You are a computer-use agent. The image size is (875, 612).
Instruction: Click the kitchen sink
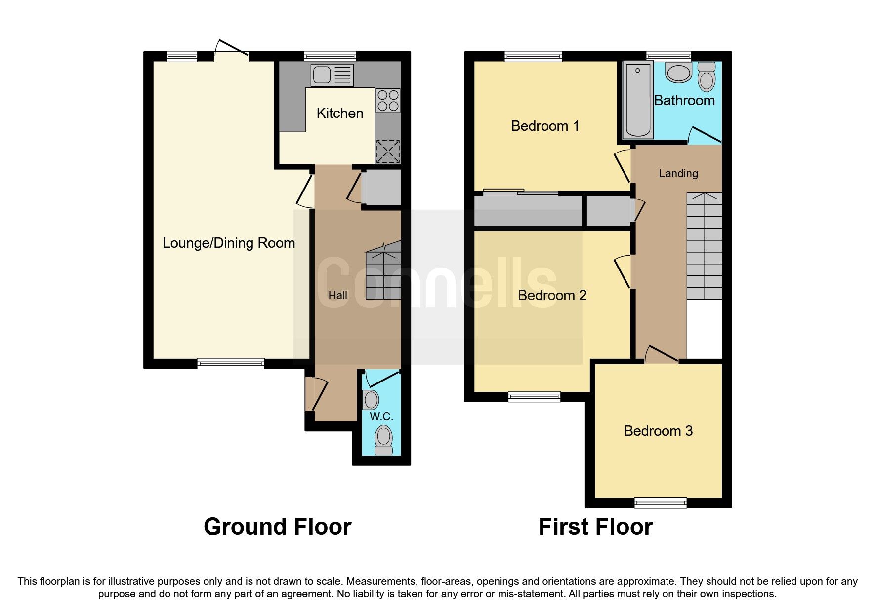pyautogui.click(x=332, y=76)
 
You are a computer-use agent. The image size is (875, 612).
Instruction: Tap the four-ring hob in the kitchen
pyautogui.click(x=388, y=100)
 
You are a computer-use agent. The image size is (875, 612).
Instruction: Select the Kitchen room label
pyautogui.click(x=340, y=113)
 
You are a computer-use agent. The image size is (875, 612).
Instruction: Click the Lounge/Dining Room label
pyautogui.click(x=229, y=243)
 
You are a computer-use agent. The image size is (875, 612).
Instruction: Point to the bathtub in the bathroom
pyautogui.click(x=638, y=100)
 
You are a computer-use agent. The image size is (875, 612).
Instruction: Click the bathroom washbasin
pyautogui.click(x=679, y=73)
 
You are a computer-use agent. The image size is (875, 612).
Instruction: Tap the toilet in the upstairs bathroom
pyautogui.click(x=707, y=77)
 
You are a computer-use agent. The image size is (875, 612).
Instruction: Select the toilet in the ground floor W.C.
pyautogui.click(x=384, y=440)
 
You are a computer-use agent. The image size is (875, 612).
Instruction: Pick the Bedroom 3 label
pyautogui.click(x=658, y=431)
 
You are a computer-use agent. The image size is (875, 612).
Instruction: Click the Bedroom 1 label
pyautogui.click(x=545, y=126)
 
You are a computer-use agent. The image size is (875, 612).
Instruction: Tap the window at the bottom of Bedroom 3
pyautogui.click(x=661, y=503)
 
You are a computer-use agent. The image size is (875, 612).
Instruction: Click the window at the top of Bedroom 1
pyautogui.click(x=533, y=57)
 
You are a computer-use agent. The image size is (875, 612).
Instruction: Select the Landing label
pyautogui.click(x=678, y=173)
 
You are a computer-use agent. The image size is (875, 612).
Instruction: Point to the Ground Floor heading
pyautogui.click(x=277, y=527)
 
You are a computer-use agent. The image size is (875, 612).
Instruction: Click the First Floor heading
pyautogui.click(x=595, y=527)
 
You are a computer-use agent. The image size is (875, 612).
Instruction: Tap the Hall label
pyautogui.click(x=338, y=295)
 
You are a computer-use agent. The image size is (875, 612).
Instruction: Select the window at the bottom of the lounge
pyautogui.click(x=231, y=364)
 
